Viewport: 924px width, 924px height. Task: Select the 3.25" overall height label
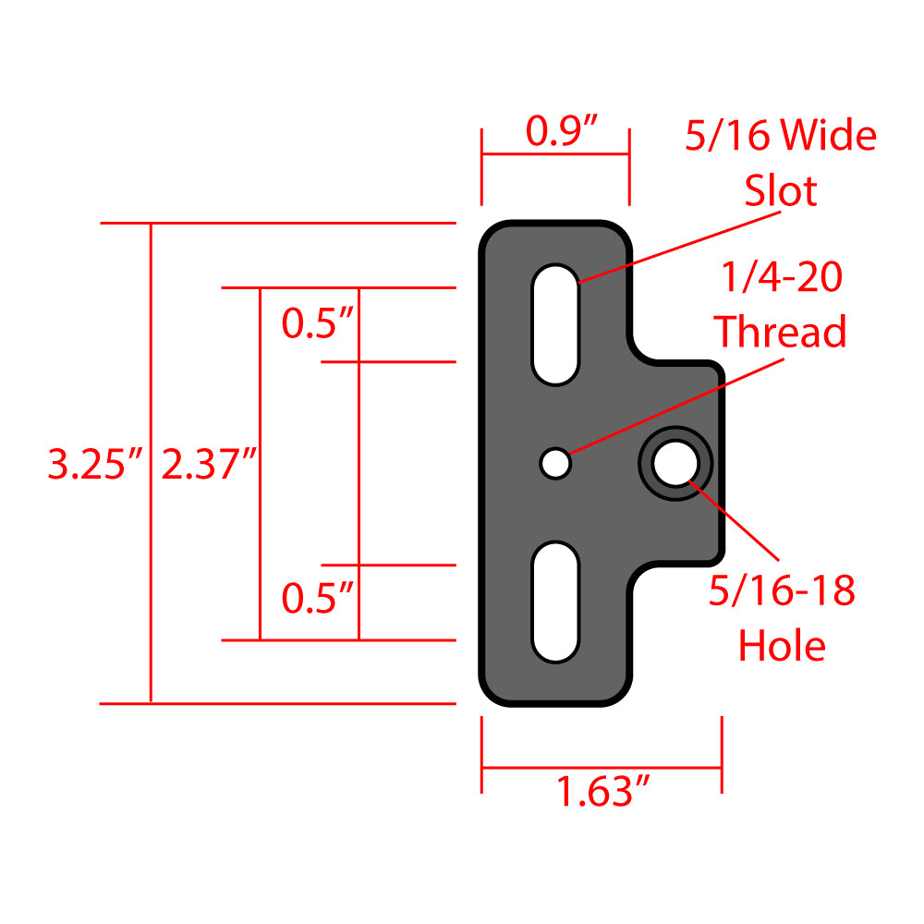click(96, 465)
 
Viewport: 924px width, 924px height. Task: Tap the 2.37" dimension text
click(209, 465)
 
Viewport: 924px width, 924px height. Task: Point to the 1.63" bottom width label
click(602, 793)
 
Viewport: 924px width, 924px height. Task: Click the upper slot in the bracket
click(555, 324)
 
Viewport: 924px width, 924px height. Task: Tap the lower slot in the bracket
click(555, 602)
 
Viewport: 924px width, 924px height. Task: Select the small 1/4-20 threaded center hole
click(555, 463)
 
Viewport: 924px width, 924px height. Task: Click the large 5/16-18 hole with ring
click(675, 463)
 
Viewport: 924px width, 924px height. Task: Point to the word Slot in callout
click(781, 191)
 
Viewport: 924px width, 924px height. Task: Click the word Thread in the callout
click(781, 332)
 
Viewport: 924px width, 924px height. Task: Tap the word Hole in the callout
click(781, 646)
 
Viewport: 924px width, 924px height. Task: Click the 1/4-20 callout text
click(781, 277)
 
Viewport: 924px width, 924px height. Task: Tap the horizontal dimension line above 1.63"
click(602, 767)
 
